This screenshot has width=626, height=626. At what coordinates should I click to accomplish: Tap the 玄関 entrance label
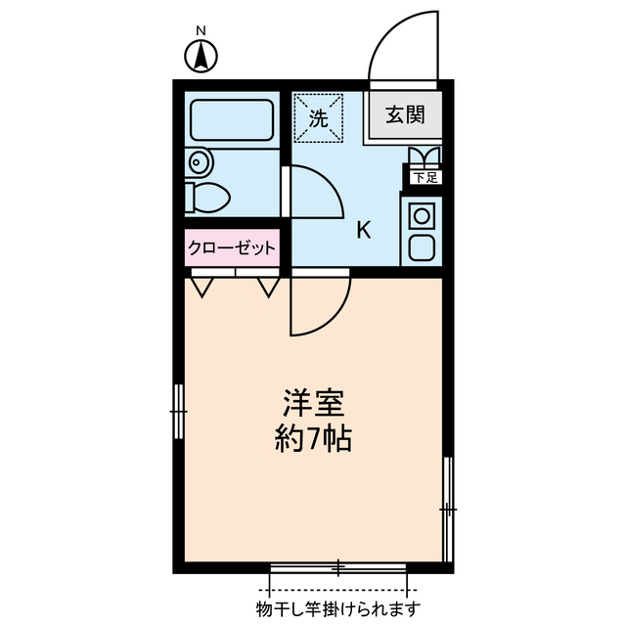[x=404, y=115]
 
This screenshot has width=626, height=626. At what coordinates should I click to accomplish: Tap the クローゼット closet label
[x=232, y=248]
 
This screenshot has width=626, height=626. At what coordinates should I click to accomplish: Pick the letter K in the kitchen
[x=363, y=232]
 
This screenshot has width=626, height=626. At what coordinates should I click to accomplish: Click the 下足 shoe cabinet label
[x=424, y=178]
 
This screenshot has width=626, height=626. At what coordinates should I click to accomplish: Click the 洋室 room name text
[x=312, y=403]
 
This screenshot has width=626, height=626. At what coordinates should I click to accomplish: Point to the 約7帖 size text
[x=312, y=438]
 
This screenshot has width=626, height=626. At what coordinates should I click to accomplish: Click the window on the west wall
[x=178, y=412]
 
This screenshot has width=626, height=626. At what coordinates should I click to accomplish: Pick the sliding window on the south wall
[x=338, y=567]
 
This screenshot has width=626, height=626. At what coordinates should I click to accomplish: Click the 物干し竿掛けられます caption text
[x=338, y=609]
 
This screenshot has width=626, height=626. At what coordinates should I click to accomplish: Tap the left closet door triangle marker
[x=202, y=287]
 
